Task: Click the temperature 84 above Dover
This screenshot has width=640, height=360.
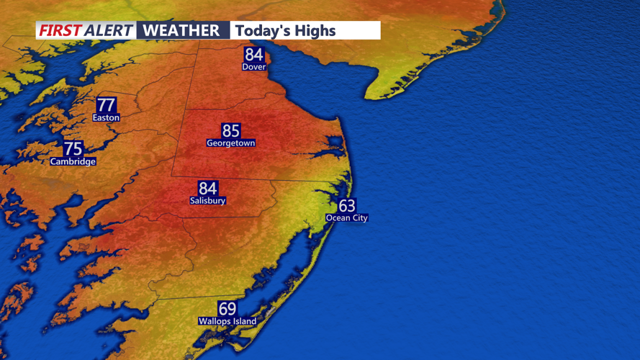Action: click(254, 55)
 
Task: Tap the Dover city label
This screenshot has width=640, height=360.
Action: click(254, 67)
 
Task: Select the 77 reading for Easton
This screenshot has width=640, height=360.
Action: click(106, 104)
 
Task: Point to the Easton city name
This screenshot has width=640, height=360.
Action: click(106, 117)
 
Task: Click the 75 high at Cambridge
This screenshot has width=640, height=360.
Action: click(73, 149)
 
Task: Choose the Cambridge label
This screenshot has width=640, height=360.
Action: click(73, 162)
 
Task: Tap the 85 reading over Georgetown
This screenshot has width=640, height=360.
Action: click(230, 130)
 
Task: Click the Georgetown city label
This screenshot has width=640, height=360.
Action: click(230, 143)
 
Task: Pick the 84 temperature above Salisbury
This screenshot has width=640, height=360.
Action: click(207, 189)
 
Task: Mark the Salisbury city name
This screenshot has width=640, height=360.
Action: click(207, 201)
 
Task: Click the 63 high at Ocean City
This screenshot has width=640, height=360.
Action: click(346, 206)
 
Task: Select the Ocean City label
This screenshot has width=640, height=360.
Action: click(346, 217)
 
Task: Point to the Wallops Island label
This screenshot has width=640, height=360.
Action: click(227, 321)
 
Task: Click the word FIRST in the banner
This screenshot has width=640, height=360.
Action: click(60, 30)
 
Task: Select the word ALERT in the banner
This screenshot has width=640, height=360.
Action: click(109, 30)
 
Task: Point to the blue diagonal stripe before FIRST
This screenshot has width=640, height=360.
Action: click(37, 30)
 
